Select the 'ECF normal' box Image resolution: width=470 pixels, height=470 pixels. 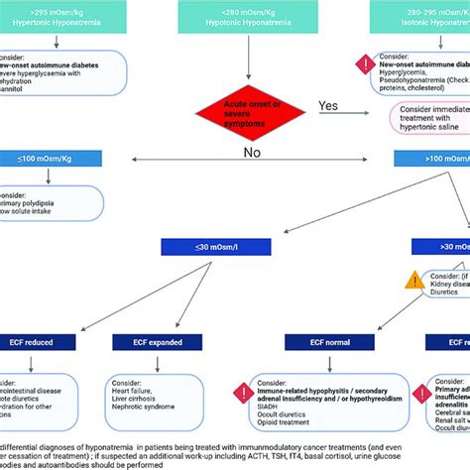317,341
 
